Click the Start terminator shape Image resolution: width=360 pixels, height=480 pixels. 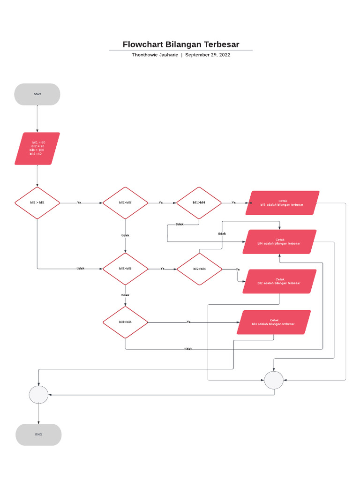pos(37,94)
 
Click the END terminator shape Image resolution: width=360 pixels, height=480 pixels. pos(38,435)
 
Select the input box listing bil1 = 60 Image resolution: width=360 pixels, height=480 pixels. pos(37,149)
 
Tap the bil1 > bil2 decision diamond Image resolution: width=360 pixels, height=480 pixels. pos(37,203)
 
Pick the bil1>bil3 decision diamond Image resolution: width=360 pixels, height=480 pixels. pos(125,203)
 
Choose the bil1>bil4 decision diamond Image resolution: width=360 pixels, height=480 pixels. pos(199,203)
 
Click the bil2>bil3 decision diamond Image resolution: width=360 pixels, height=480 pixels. pos(125,269)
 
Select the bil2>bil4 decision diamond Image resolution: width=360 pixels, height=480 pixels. pos(199,269)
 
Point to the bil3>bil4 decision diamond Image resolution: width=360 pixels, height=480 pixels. pos(125,322)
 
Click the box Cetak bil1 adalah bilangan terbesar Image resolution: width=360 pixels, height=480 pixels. pos(282,203)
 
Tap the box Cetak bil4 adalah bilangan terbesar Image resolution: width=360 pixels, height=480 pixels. pos(279,241)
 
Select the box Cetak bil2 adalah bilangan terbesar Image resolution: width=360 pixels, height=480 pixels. pos(279,281)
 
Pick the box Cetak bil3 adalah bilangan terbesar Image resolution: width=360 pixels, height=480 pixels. pos(274,322)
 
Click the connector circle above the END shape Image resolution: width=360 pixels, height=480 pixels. pos(38,394)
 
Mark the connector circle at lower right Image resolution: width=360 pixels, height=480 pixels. pos(274,380)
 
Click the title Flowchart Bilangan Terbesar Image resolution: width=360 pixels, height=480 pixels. pos(180,45)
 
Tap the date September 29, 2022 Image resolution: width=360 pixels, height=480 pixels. pos(208,55)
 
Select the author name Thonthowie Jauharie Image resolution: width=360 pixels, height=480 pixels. pos(154,55)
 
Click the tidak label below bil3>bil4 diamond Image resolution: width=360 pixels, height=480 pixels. pos(188,349)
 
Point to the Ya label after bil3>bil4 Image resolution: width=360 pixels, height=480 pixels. pos(188,322)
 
